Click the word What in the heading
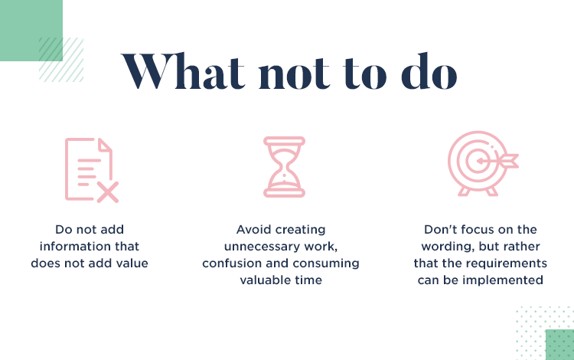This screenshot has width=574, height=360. (183, 71)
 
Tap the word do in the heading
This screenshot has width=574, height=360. (429, 70)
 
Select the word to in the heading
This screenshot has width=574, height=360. (364, 74)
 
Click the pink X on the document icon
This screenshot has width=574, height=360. (108, 192)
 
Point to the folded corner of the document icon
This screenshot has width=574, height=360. (105, 145)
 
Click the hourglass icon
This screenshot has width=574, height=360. (284, 167)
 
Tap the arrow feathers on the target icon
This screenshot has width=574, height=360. (510, 161)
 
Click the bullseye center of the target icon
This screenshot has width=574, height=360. (479, 161)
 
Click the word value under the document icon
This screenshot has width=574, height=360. (132, 263)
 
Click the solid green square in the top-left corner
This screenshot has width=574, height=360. (31, 31)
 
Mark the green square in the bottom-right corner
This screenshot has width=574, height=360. (559, 345)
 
